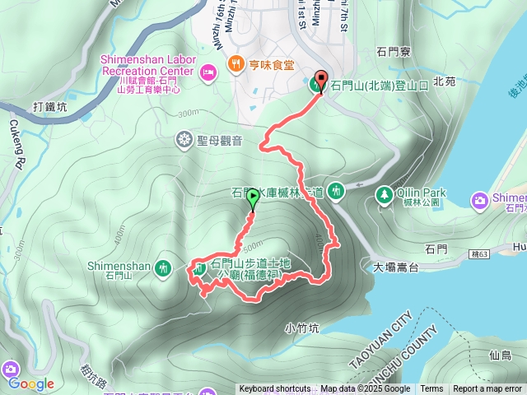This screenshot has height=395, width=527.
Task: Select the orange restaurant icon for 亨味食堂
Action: [236, 63]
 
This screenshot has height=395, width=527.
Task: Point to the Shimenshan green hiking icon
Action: [164, 267]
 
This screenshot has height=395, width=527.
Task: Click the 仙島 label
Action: [500, 355]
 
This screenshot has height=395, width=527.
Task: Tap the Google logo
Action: [31, 383]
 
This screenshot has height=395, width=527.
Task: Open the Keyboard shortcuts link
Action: [274, 389]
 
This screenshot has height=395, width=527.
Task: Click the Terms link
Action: [431, 389]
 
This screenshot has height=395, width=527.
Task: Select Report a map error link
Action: [487, 389]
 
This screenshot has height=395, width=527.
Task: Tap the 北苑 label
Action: [443, 82]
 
